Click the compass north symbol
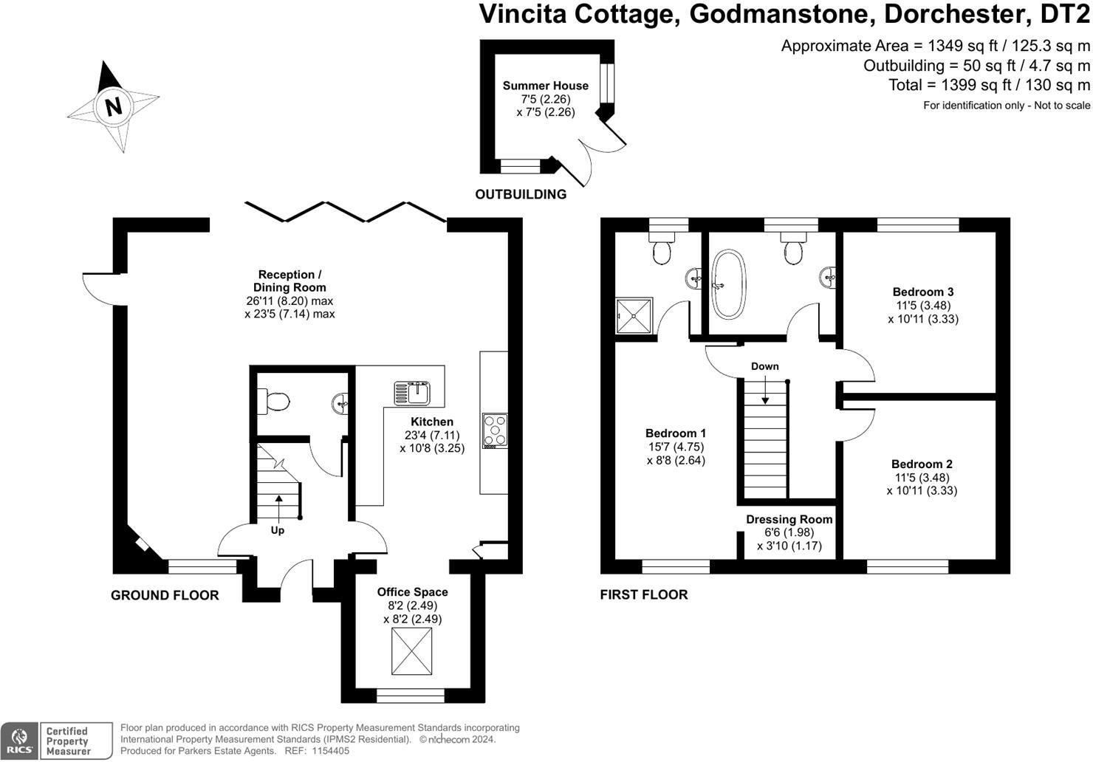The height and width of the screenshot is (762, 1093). [x=113, y=106]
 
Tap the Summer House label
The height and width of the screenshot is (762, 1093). [x=545, y=86]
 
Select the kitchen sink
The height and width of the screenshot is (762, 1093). [x=411, y=392]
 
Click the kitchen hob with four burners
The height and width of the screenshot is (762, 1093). [x=495, y=430]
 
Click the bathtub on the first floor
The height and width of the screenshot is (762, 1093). [x=728, y=284]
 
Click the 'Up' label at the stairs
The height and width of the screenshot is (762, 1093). [x=278, y=530]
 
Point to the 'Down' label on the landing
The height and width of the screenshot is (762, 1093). [x=764, y=366]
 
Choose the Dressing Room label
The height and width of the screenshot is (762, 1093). [x=789, y=519]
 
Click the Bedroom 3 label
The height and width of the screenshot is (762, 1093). [x=922, y=292]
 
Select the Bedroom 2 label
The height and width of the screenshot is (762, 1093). [x=922, y=464]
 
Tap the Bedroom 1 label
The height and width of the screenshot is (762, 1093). [x=676, y=433]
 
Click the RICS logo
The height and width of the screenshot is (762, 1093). [x=19, y=741]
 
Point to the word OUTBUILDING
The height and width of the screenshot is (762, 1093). [x=521, y=194]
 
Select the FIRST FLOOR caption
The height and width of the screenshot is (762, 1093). [x=643, y=594]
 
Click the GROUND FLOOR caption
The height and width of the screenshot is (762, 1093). [x=165, y=595]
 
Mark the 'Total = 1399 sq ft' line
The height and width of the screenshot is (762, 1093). [x=989, y=85]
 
